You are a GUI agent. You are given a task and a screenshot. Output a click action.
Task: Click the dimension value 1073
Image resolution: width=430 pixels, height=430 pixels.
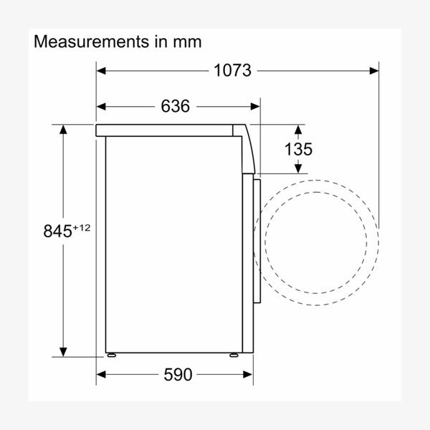pos(232,70)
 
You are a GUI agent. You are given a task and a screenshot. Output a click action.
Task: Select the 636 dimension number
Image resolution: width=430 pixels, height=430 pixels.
pos(176,106)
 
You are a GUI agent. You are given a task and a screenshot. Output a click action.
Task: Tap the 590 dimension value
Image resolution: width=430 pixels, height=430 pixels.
pos(178,374)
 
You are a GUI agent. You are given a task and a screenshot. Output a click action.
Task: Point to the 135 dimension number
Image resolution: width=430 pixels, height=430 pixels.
pos(298,150)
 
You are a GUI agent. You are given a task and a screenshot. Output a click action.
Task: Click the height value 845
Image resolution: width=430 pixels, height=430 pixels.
pos(57,231)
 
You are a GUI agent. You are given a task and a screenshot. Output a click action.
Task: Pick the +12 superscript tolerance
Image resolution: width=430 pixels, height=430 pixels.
pos(82,228)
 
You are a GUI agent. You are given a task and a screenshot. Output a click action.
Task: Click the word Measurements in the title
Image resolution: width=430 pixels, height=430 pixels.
pos(91,42)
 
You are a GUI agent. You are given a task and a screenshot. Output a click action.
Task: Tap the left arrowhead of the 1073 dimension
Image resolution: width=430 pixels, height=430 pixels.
pos(101,71)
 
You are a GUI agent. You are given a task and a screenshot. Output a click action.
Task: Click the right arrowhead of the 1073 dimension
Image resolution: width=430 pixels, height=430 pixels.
pos(374,71)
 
